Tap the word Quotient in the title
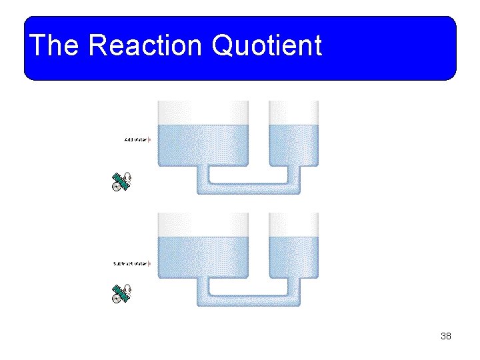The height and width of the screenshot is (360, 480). [x=266, y=46]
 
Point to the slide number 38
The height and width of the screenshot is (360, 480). [x=446, y=336]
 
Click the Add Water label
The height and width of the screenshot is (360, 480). [x=135, y=139]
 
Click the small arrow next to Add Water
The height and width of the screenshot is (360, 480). [x=149, y=139]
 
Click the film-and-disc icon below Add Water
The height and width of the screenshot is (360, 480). [x=121, y=181]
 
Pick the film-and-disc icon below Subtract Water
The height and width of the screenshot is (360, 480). [x=121, y=294]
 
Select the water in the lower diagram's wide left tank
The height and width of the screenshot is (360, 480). [x=203, y=257]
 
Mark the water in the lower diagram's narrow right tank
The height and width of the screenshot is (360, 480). [x=293, y=257]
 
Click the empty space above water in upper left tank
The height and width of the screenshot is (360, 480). [x=203, y=112]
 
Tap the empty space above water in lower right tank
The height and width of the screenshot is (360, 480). [x=293, y=224]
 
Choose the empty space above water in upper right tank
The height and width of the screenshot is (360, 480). [x=293, y=112]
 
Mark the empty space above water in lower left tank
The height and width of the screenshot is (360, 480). [x=203, y=224]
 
